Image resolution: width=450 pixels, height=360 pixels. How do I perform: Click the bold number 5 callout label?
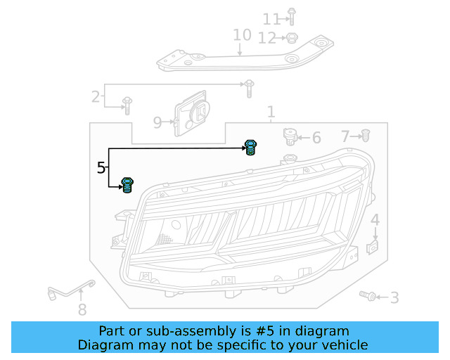(x=102, y=168)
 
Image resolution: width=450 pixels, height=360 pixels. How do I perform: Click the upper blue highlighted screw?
(x=250, y=148)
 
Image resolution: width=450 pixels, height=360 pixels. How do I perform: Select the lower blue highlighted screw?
(x=128, y=186)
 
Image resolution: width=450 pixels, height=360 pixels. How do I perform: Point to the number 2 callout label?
(x=96, y=96)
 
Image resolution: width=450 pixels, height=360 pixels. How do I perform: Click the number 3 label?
(x=395, y=298)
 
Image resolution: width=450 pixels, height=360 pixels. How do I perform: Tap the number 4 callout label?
(x=375, y=221)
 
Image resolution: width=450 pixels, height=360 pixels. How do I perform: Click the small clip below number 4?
(x=374, y=247)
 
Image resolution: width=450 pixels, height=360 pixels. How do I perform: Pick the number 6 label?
(x=316, y=138)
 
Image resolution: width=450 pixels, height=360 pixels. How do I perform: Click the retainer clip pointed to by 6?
(x=288, y=134)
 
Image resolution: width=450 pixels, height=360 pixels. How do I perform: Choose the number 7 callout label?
(x=345, y=136)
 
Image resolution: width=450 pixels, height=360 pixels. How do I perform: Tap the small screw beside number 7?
(x=366, y=135)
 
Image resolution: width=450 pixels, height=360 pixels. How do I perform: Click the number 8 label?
(x=82, y=309)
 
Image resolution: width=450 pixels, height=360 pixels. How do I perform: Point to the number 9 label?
(x=157, y=123)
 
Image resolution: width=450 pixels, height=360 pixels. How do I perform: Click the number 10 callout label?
(x=241, y=35)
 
